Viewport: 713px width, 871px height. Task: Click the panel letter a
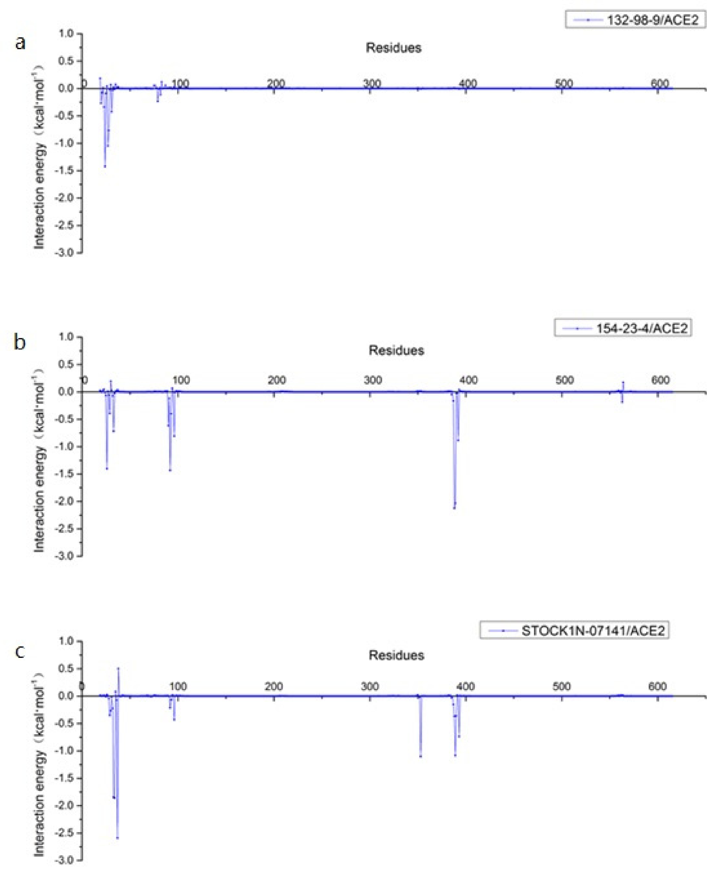click(20, 43)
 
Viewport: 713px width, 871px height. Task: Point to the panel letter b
click(19, 342)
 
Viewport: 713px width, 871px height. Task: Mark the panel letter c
click(20, 651)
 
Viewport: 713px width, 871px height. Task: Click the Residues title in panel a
click(393, 48)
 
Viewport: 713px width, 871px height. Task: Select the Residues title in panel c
click(396, 655)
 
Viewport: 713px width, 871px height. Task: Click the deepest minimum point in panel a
click(105, 166)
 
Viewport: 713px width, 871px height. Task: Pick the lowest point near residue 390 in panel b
click(454, 508)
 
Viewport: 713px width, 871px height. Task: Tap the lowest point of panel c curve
click(118, 838)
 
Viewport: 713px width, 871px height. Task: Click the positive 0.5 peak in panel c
click(118, 668)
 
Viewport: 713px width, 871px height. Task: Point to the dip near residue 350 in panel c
click(421, 756)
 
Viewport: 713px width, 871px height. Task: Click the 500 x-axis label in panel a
click(564, 84)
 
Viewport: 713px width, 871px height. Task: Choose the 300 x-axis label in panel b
click(373, 380)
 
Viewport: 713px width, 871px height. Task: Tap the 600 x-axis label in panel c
click(657, 687)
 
